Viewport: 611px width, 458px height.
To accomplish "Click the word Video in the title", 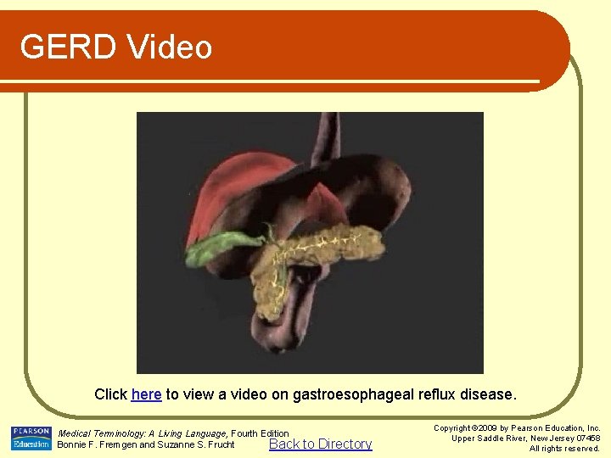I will pos(171,47).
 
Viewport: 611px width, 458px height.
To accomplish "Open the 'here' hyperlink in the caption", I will pos(146,394).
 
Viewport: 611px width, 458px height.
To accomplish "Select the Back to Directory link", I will pos(320,444).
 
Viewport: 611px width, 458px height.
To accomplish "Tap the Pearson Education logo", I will pos(31,438).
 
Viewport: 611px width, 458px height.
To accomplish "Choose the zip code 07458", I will pos(586,438).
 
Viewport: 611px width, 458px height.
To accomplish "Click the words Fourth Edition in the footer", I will pos(261,433).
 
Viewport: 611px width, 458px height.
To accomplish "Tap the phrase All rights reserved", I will pos(564,448).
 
